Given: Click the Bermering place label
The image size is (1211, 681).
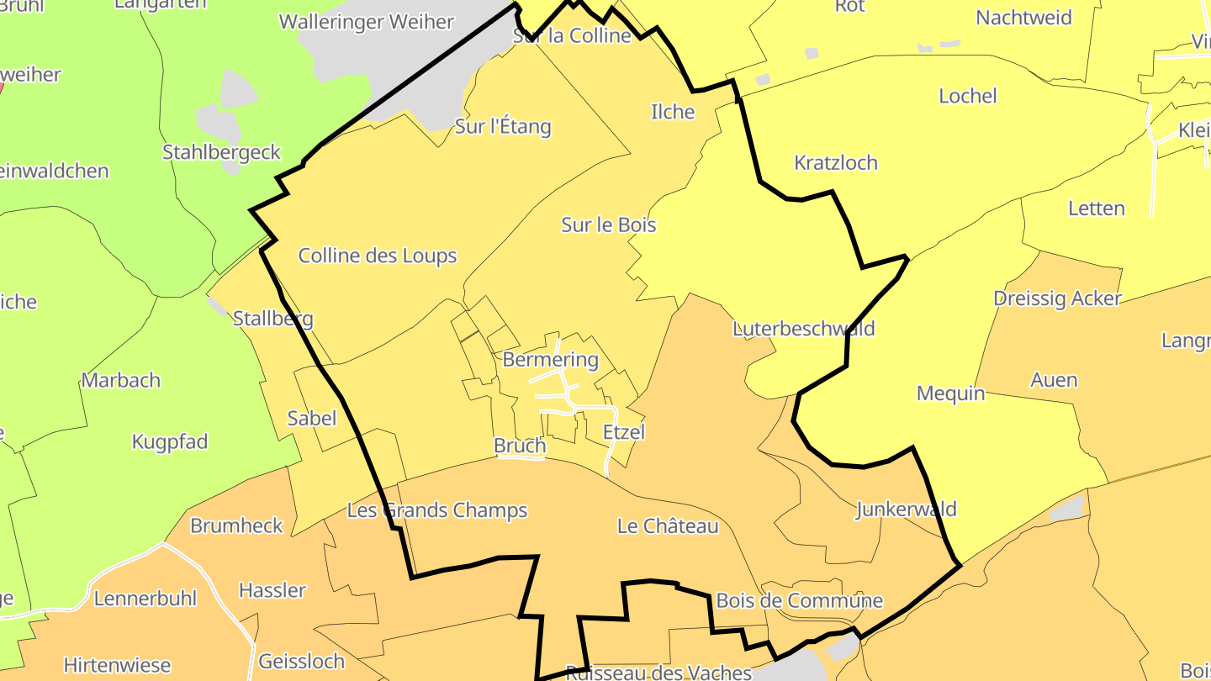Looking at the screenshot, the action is coord(550,360).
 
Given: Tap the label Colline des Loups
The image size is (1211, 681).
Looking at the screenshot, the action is coord(378,256).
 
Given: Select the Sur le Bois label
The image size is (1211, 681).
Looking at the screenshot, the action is coord(609,224).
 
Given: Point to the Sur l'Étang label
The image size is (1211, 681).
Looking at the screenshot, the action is coord(503,127).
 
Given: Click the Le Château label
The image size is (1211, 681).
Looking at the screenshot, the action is coord(668,526).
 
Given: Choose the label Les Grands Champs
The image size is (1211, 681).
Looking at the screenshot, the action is coord(437,510).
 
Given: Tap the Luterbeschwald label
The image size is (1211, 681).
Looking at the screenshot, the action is coord(803,329).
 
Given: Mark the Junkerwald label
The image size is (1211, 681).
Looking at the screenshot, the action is coord(906,509).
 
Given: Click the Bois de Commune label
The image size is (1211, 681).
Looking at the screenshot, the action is coord(799,600).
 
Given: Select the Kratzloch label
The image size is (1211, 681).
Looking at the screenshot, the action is coord(836,163).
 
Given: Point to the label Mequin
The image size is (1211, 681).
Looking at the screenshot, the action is coord(950,393).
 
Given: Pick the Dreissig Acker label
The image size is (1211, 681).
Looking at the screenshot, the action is coord(1057,298).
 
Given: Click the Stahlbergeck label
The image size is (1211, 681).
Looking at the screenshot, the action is coord(221,152).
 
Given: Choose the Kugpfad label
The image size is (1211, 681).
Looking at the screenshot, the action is coord(170,442).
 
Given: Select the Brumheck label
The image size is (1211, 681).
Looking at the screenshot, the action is coord(236,525).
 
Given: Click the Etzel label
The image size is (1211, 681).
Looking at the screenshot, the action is coord(624,432).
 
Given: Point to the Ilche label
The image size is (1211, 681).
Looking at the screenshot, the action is coord(673,112).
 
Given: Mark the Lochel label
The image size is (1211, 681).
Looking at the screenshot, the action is coord(967,96).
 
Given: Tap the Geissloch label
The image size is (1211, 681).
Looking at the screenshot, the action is coord(301,661).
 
